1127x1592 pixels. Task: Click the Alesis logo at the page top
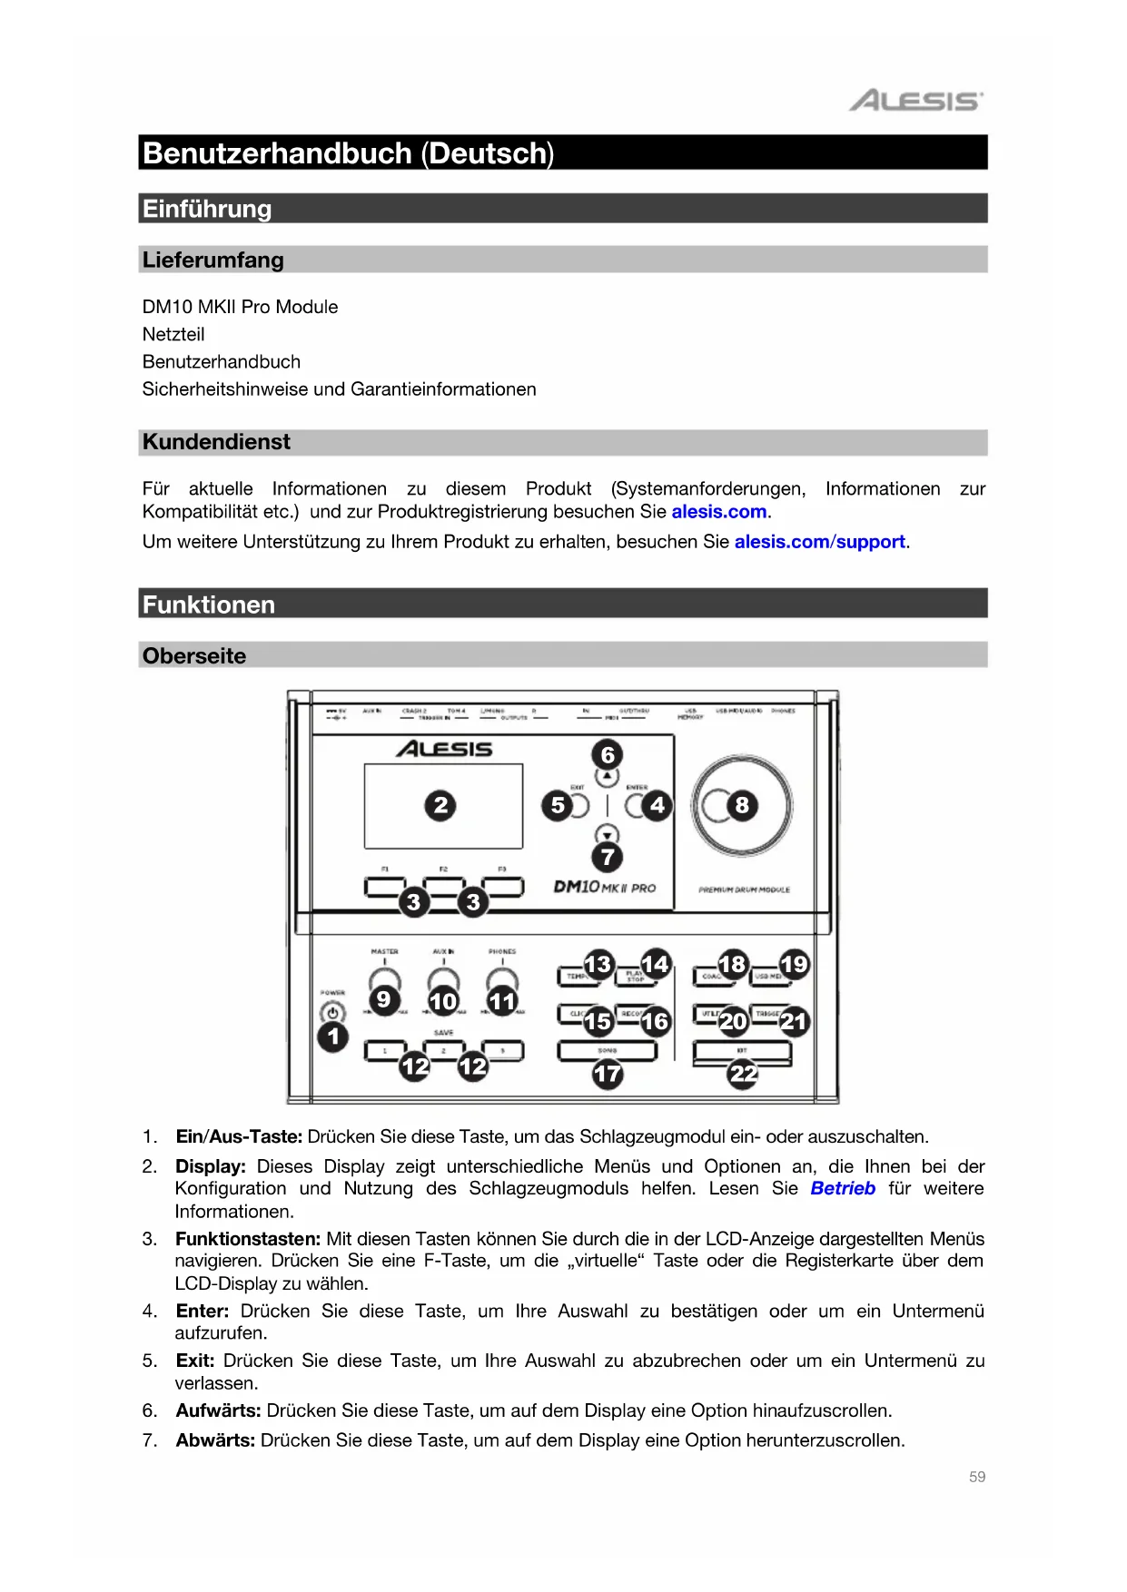[915, 100]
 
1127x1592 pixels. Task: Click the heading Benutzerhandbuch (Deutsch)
[348, 153]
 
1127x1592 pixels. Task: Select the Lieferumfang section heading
[213, 260]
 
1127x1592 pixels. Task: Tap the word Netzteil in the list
[173, 335]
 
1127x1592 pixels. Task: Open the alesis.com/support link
[820, 542]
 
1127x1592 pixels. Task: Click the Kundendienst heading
[216, 442]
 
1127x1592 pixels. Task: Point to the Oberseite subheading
[194, 656]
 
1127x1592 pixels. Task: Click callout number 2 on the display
[440, 805]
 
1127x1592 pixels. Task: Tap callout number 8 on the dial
[742, 805]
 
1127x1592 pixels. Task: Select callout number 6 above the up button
[608, 754]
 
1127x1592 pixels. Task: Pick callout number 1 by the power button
[333, 1037]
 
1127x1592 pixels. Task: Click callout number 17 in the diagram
[608, 1075]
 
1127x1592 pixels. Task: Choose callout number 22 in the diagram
[743, 1075]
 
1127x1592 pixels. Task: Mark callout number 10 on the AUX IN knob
[443, 1001]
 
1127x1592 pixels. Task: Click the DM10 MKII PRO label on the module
[604, 887]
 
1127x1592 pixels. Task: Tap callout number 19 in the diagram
[794, 964]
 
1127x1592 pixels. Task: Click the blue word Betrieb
[843, 1189]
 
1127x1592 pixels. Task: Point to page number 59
[976, 1477]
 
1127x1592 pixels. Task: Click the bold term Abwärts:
[215, 1440]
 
